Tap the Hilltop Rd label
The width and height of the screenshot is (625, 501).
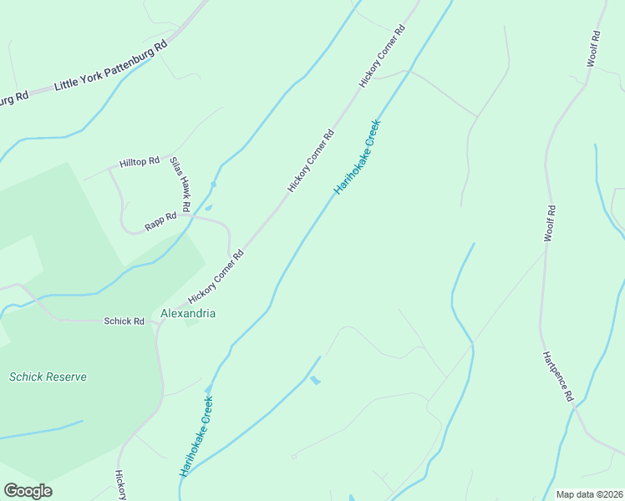(x=139, y=162)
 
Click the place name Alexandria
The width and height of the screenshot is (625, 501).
(x=188, y=314)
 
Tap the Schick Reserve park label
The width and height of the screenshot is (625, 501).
(x=48, y=377)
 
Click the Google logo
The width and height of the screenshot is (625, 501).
(x=28, y=491)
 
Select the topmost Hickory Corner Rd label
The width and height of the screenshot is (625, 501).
(x=382, y=57)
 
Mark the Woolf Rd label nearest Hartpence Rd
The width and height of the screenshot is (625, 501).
(x=549, y=224)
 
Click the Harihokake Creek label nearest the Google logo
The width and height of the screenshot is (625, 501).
(x=196, y=436)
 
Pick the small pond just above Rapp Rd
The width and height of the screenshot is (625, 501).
(x=208, y=208)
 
